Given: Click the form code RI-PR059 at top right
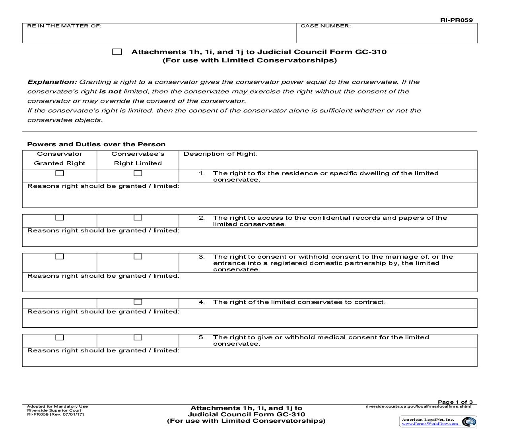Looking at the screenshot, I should tap(456, 20).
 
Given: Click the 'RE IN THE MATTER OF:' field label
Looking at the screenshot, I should tap(64, 26).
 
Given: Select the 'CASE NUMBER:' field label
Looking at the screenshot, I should tap(325, 26).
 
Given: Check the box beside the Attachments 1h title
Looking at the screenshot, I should tap(117, 52).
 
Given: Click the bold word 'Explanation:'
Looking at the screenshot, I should tap(52, 82).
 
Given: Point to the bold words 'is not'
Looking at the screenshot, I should tap(110, 91).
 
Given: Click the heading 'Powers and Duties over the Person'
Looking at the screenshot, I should tap(96, 144).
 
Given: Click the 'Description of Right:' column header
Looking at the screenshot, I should tap(220, 154).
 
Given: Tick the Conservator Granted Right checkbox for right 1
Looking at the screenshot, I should tap(60, 173).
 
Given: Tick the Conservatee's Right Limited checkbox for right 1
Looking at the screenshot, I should tap(138, 173).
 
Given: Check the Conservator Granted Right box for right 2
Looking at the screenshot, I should tap(60, 218).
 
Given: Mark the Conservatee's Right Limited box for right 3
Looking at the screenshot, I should tap(138, 257).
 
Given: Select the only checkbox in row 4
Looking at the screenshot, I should tap(138, 302).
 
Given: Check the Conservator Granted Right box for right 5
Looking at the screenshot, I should tap(60, 337).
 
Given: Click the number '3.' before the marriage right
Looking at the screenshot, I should tap(202, 257).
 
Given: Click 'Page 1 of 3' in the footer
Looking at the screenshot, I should tap(455, 402).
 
